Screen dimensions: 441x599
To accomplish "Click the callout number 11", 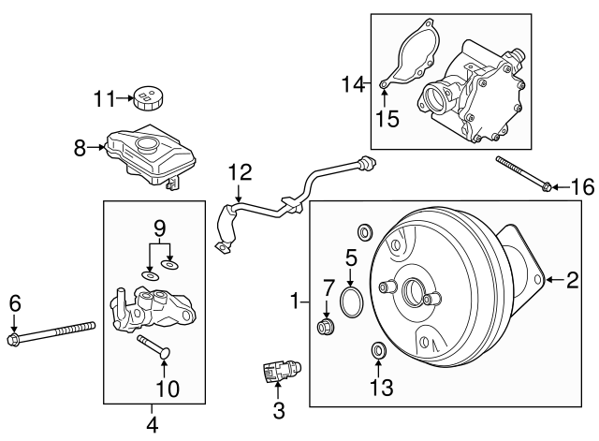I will pyautogui.click(x=105, y=97).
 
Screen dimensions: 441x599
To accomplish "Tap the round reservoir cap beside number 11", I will pyautogui.click(x=146, y=96).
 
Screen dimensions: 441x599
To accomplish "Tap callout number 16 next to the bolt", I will pyautogui.click(x=582, y=187).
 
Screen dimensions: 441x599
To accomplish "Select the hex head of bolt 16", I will pyautogui.click(x=547, y=187).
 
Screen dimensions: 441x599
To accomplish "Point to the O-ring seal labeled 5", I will pyautogui.click(x=352, y=301).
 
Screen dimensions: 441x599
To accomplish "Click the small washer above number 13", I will pyautogui.click(x=379, y=351).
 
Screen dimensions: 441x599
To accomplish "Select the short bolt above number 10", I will pyautogui.click(x=152, y=347).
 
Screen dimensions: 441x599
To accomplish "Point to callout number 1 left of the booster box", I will pyautogui.click(x=297, y=301).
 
